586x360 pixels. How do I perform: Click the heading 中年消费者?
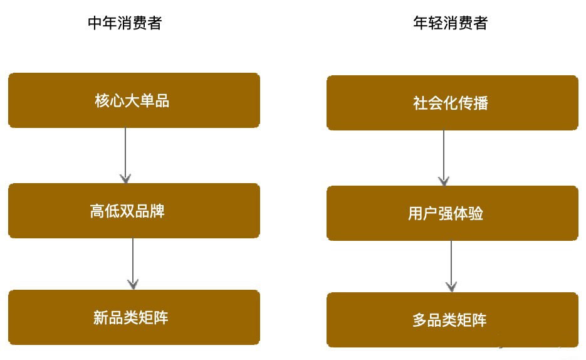pyautogui.click(x=125, y=23)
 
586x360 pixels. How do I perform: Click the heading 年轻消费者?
pyautogui.click(x=451, y=23)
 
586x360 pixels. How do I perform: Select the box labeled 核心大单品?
pyautogui.click(x=133, y=100)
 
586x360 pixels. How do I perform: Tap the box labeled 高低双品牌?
pyautogui.click(x=133, y=211)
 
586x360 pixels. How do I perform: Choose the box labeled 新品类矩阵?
pyautogui.click(x=133, y=317)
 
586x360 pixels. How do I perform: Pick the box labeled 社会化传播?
pyautogui.click(x=453, y=103)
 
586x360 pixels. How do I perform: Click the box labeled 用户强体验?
pyautogui.click(x=453, y=213)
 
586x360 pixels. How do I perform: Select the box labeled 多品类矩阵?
pyautogui.click(x=453, y=320)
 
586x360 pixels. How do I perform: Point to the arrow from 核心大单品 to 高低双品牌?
pyautogui.click(x=125, y=156)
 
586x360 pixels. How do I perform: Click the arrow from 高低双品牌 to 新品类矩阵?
pyautogui.click(x=133, y=264)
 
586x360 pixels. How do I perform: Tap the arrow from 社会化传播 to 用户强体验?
pyautogui.click(x=444, y=158)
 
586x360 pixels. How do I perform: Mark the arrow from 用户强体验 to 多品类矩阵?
pyautogui.click(x=451, y=267)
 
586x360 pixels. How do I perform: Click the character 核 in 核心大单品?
pyautogui.click(x=102, y=100)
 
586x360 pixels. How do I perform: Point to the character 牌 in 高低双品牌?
pyautogui.click(x=157, y=211)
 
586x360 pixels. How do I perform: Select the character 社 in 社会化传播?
pyautogui.click(x=420, y=103)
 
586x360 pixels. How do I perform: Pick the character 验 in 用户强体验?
pyautogui.click(x=476, y=214)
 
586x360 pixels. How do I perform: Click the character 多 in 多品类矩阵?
pyautogui.click(x=420, y=320)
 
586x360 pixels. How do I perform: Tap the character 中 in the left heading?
pyautogui.click(x=95, y=23)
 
